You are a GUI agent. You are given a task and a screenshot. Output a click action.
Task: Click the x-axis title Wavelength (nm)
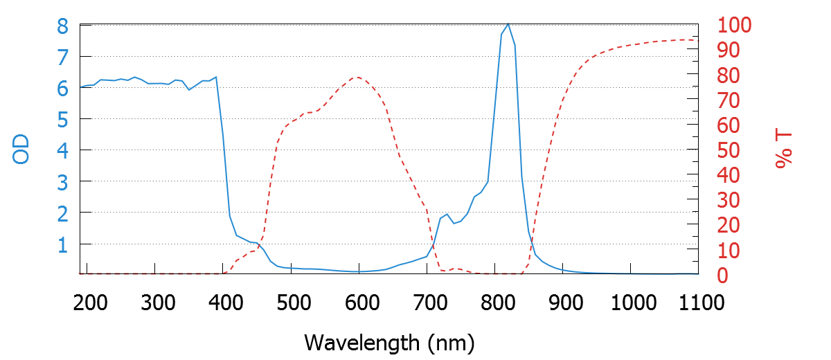coord(388,342)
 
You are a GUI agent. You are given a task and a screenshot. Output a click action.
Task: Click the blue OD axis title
coord(21,150)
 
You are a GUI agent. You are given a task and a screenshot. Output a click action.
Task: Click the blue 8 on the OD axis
coord(62,26)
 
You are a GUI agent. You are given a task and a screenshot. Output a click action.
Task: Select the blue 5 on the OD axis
coord(62,120)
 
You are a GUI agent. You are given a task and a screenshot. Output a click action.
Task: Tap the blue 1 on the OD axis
coord(62,244)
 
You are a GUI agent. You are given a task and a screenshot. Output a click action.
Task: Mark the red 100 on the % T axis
coord(735,26)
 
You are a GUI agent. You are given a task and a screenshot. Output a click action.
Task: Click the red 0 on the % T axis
coord(723,276)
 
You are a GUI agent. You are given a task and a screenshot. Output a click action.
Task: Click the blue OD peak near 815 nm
coord(508,24)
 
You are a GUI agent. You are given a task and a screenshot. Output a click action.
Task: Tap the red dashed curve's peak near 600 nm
coord(357,77)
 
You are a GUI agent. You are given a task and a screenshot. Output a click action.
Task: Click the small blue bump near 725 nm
coord(447,215)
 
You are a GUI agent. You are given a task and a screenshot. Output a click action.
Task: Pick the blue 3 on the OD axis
coord(62,182)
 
